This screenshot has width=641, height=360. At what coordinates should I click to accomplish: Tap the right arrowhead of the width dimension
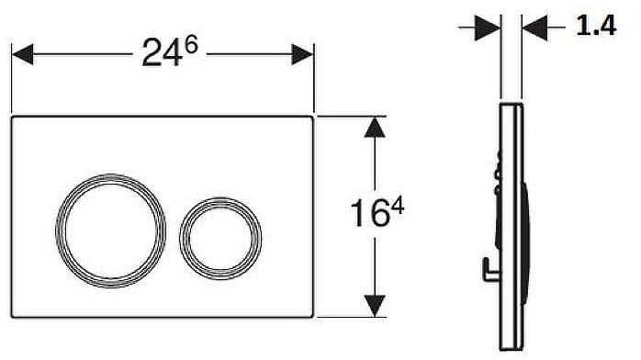(304, 55)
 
